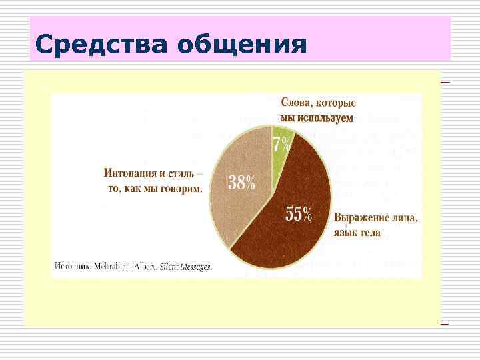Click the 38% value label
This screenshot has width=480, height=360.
tap(241, 182)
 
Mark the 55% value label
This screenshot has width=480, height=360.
tap(299, 214)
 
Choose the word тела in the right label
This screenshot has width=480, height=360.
tap(370, 233)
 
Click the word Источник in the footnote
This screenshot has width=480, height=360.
tap(73, 265)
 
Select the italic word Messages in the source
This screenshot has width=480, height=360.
tap(195, 265)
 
